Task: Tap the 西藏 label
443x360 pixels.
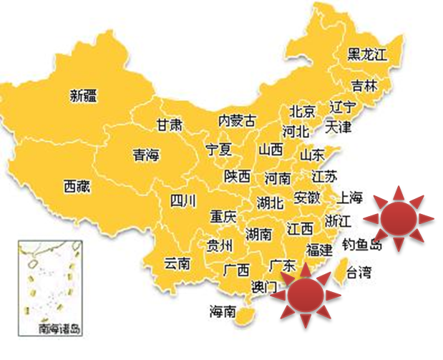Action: click(x=77, y=188)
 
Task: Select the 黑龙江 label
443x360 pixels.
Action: click(x=366, y=54)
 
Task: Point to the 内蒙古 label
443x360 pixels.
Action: click(x=236, y=120)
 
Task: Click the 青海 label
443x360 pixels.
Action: click(x=146, y=155)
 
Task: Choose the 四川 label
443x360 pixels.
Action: click(x=182, y=202)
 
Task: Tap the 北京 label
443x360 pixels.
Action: click(x=302, y=112)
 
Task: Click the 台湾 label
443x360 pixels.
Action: click(x=359, y=272)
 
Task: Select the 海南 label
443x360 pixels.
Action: click(x=223, y=311)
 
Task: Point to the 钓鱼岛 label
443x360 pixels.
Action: click(x=362, y=245)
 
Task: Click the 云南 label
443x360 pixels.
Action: click(x=177, y=263)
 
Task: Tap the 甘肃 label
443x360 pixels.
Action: click(x=169, y=125)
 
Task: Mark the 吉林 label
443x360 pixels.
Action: click(x=364, y=86)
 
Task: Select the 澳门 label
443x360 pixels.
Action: click(x=264, y=287)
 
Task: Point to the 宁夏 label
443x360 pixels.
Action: click(x=219, y=150)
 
